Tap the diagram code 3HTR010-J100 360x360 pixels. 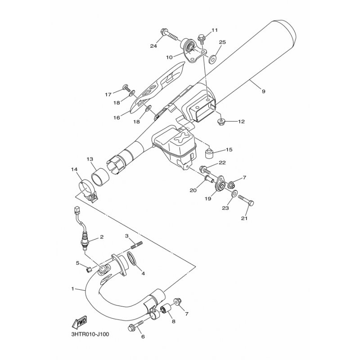[90, 334]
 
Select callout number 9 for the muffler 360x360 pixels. [263, 91]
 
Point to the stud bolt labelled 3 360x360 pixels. [137, 245]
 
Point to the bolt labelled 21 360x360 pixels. [246, 200]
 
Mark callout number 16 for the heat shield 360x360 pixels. [117, 117]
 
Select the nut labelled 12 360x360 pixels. [220, 121]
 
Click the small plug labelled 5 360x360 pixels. [88, 269]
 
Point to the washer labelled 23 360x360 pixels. [233, 194]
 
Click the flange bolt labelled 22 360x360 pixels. [205, 170]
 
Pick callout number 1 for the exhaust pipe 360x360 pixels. [73, 289]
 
